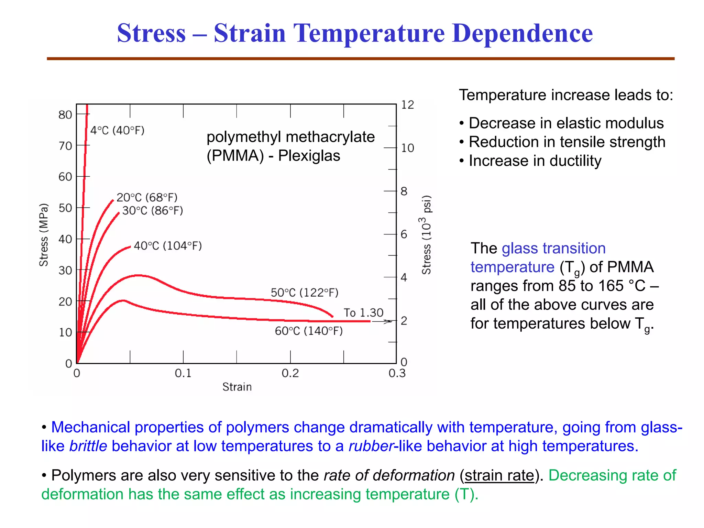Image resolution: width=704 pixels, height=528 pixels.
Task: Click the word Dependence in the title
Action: point(522,33)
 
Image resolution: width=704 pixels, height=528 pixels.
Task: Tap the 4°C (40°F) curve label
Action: point(117,130)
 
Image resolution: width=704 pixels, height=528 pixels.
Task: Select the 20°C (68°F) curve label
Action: point(147,197)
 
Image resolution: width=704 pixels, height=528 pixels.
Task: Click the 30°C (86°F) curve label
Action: point(153,210)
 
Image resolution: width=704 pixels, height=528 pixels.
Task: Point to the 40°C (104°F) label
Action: point(168,246)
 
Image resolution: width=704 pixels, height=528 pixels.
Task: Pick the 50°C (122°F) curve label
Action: point(305,293)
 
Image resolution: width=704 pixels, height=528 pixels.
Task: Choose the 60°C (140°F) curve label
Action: point(309,331)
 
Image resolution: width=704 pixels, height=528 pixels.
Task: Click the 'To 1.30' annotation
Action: point(363,312)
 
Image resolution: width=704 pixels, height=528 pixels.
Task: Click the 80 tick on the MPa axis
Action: point(65,114)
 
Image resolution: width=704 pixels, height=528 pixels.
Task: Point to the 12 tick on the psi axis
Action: point(407,104)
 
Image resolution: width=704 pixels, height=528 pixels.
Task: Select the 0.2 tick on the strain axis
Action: point(290,373)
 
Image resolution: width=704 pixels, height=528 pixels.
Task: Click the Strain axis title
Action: point(237,387)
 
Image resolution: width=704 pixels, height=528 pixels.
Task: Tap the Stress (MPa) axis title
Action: point(44,235)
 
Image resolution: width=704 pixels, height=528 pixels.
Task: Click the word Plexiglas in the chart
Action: point(309,156)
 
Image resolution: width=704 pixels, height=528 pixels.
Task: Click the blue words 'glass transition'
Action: point(553,248)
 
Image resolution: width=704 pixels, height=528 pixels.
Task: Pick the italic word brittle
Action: point(88,446)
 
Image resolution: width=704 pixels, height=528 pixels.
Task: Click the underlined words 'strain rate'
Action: point(499,475)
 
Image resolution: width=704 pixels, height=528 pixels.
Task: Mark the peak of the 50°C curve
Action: point(138,275)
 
